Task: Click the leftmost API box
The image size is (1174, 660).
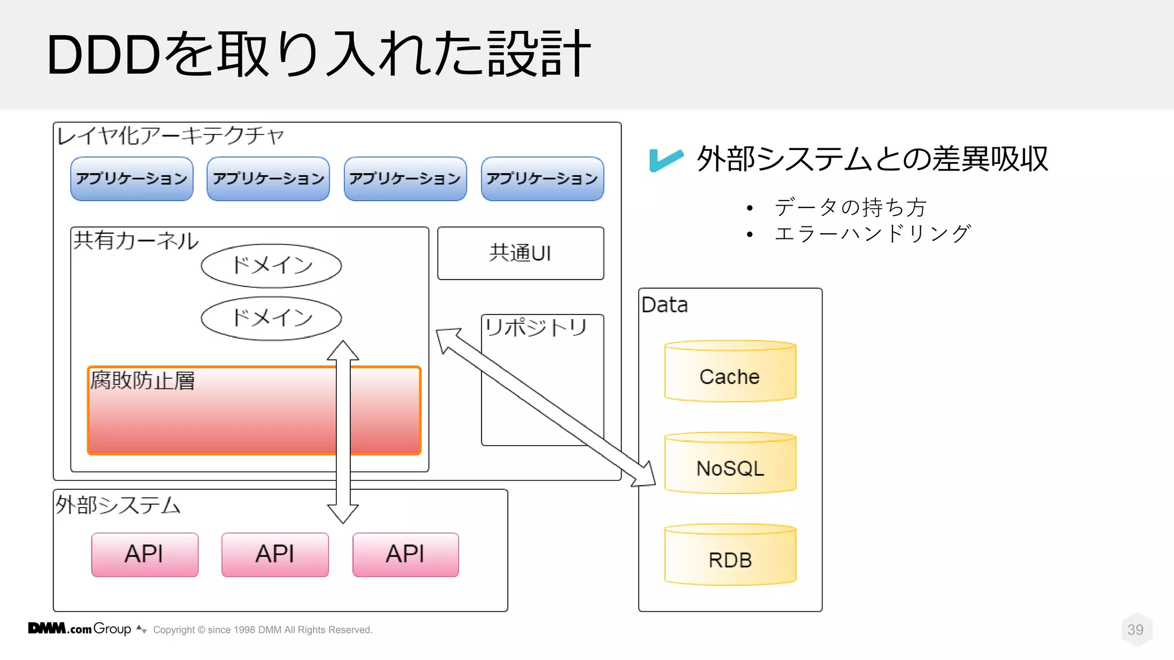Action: (x=144, y=554)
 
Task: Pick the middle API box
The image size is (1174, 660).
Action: (x=275, y=554)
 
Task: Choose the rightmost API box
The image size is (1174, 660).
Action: (x=405, y=554)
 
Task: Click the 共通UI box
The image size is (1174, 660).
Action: (x=520, y=253)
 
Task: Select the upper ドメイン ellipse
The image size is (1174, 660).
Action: (x=271, y=265)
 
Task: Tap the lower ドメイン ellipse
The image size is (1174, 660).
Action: (x=271, y=318)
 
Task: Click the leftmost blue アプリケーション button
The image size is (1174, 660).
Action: (x=131, y=179)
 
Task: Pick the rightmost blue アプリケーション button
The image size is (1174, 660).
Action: (x=542, y=179)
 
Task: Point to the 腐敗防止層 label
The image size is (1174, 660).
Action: (x=142, y=381)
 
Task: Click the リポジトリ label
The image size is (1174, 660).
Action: (x=535, y=328)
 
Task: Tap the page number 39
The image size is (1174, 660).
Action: (x=1135, y=630)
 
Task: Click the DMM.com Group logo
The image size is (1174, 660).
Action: (x=80, y=628)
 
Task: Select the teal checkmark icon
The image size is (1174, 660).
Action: (x=665, y=159)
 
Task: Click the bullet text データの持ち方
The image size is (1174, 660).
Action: (x=850, y=207)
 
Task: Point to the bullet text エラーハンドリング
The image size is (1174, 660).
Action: (x=872, y=234)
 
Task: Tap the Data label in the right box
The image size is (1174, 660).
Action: (x=664, y=305)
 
